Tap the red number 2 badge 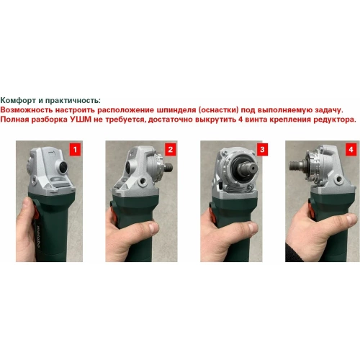pyautogui.click(x=171, y=150)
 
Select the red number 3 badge pyautogui.click(x=262, y=150)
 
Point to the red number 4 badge pyautogui.click(x=351, y=150)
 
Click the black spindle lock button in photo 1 pyautogui.click(x=60, y=165)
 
